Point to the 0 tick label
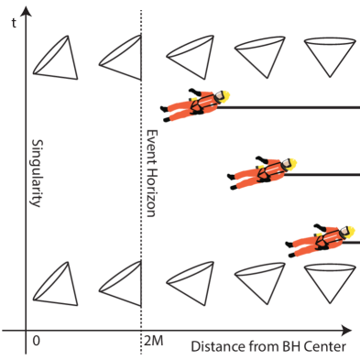pyautogui.click(x=36, y=341)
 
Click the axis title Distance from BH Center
pyautogui.click(x=268, y=347)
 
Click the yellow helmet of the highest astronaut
pyautogui.click(x=223, y=95)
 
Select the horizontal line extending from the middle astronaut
pyautogui.click(x=325, y=175)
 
